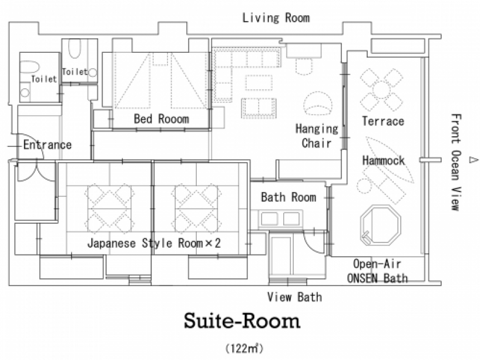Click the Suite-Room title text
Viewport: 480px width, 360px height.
(242, 321)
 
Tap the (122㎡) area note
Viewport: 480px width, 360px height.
(244, 348)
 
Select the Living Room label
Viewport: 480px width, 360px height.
(276, 18)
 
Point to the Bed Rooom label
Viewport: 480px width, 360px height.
(162, 119)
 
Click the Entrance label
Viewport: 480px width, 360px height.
(48, 144)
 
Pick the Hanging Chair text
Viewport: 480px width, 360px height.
(317, 136)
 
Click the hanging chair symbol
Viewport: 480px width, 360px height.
(318, 103)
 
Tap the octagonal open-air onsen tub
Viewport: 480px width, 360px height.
(380, 226)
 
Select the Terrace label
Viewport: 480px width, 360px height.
(383, 121)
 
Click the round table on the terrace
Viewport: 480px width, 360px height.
(381, 90)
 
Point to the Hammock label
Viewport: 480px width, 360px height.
(383, 160)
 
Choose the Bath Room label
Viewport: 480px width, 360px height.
(288, 197)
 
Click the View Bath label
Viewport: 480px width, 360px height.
(294, 297)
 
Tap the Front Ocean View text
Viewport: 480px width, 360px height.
(456, 162)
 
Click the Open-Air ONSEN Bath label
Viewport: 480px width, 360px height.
(377, 271)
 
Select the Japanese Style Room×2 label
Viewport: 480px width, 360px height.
(154, 243)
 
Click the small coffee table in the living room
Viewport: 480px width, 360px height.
(259, 83)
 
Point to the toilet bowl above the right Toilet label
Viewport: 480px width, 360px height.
(75, 48)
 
